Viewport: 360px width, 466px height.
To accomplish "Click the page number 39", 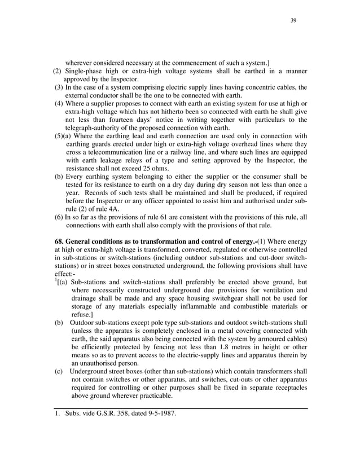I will (x=293, y=21).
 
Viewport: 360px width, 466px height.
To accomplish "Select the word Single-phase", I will (x=86, y=71).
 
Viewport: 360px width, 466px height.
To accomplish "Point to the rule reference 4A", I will (x=128, y=209).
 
